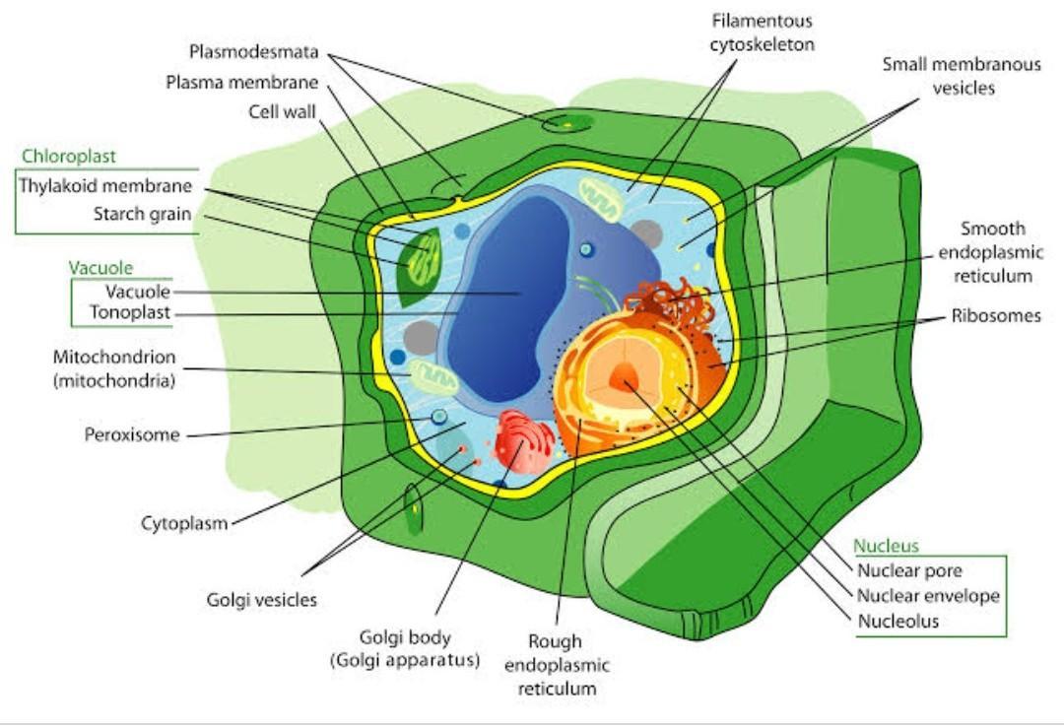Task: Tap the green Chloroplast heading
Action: point(69,157)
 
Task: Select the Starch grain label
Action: point(143,214)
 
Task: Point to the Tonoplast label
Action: point(130,313)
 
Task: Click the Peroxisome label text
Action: point(132,434)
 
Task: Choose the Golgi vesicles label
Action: point(262,599)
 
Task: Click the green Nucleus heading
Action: point(886,546)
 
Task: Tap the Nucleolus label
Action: point(898,621)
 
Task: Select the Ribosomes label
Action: point(995,316)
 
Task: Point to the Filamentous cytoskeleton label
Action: point(762,33)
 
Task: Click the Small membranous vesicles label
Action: point(961,76)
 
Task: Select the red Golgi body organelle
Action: point(524,441)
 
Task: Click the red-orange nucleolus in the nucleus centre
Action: point(625,375)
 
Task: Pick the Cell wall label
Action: point(282,111)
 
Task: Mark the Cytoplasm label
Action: point(184,522)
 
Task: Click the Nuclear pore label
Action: point(909,570)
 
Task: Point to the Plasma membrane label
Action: point(241,82)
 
